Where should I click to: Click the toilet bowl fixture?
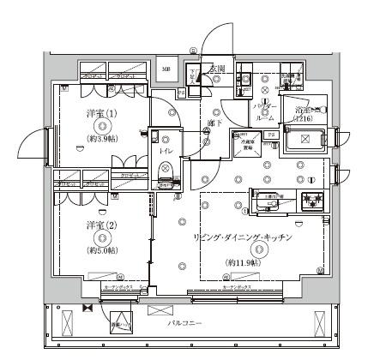click(x=167, y=166)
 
